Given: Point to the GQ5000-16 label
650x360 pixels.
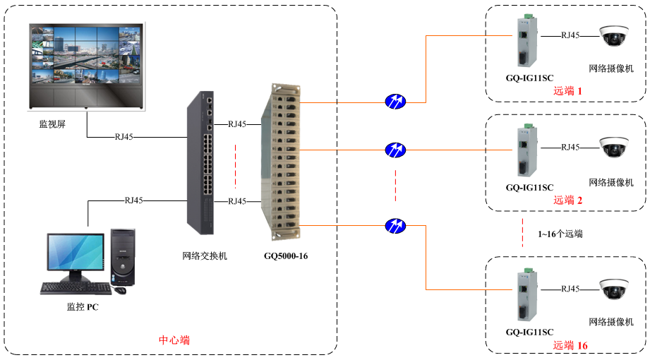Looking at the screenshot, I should [286, 256].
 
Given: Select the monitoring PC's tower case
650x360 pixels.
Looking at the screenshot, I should [123, 260].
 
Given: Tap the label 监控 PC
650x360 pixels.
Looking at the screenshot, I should [83, 306].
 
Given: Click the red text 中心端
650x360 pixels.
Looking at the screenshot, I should [174, 340].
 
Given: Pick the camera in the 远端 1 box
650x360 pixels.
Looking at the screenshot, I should [613, 36].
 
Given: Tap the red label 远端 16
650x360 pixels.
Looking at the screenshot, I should [570, 345].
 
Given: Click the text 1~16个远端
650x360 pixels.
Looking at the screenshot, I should [560, 234].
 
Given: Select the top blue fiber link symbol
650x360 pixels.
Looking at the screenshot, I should [395, 101].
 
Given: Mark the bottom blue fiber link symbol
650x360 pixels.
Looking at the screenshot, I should [395, 226].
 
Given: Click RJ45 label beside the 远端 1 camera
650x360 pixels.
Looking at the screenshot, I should [570, 35].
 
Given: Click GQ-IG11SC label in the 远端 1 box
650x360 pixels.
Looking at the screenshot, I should [529, 78].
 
